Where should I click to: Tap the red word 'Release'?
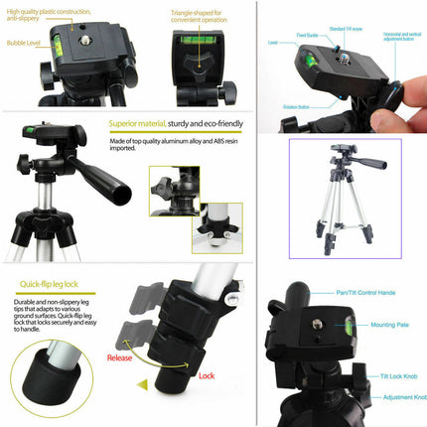pyautogui.click(x=120, y=359)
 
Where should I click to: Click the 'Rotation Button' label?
pyautogui.click(x=295, y=106)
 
